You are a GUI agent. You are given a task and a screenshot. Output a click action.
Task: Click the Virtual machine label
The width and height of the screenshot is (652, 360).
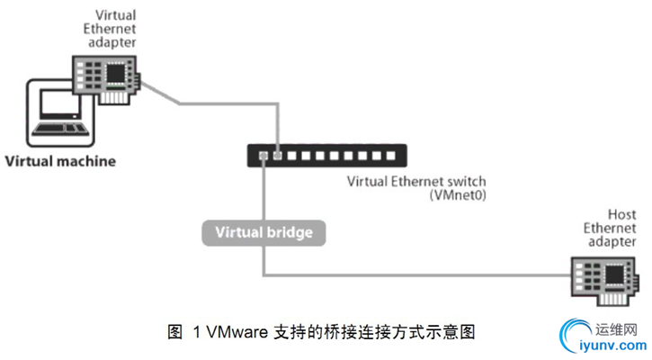tap(60, 162)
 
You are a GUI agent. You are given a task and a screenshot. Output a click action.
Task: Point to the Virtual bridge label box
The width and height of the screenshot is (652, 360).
tap(263, 232)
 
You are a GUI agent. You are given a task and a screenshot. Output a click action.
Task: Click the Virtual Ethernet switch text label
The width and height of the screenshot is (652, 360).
tap(416, 181)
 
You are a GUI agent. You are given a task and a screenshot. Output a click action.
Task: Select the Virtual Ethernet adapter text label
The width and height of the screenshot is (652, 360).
tap(115, 27)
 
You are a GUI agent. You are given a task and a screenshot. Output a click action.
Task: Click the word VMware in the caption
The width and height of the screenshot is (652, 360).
tap(238, 331)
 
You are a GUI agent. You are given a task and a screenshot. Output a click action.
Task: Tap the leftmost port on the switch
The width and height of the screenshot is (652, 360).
tap(263, 157)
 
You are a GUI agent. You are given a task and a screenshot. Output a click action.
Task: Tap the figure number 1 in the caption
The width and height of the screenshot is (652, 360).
tap(197, 331)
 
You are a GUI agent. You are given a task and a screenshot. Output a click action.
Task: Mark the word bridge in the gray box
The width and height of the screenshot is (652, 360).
tap(288, 232)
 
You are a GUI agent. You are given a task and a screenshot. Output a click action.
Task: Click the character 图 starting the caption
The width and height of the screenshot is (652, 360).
tap(175, 331)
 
